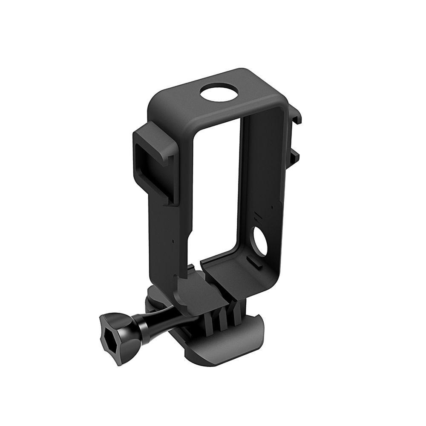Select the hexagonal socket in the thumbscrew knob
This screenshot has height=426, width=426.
(x=112, y=334)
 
